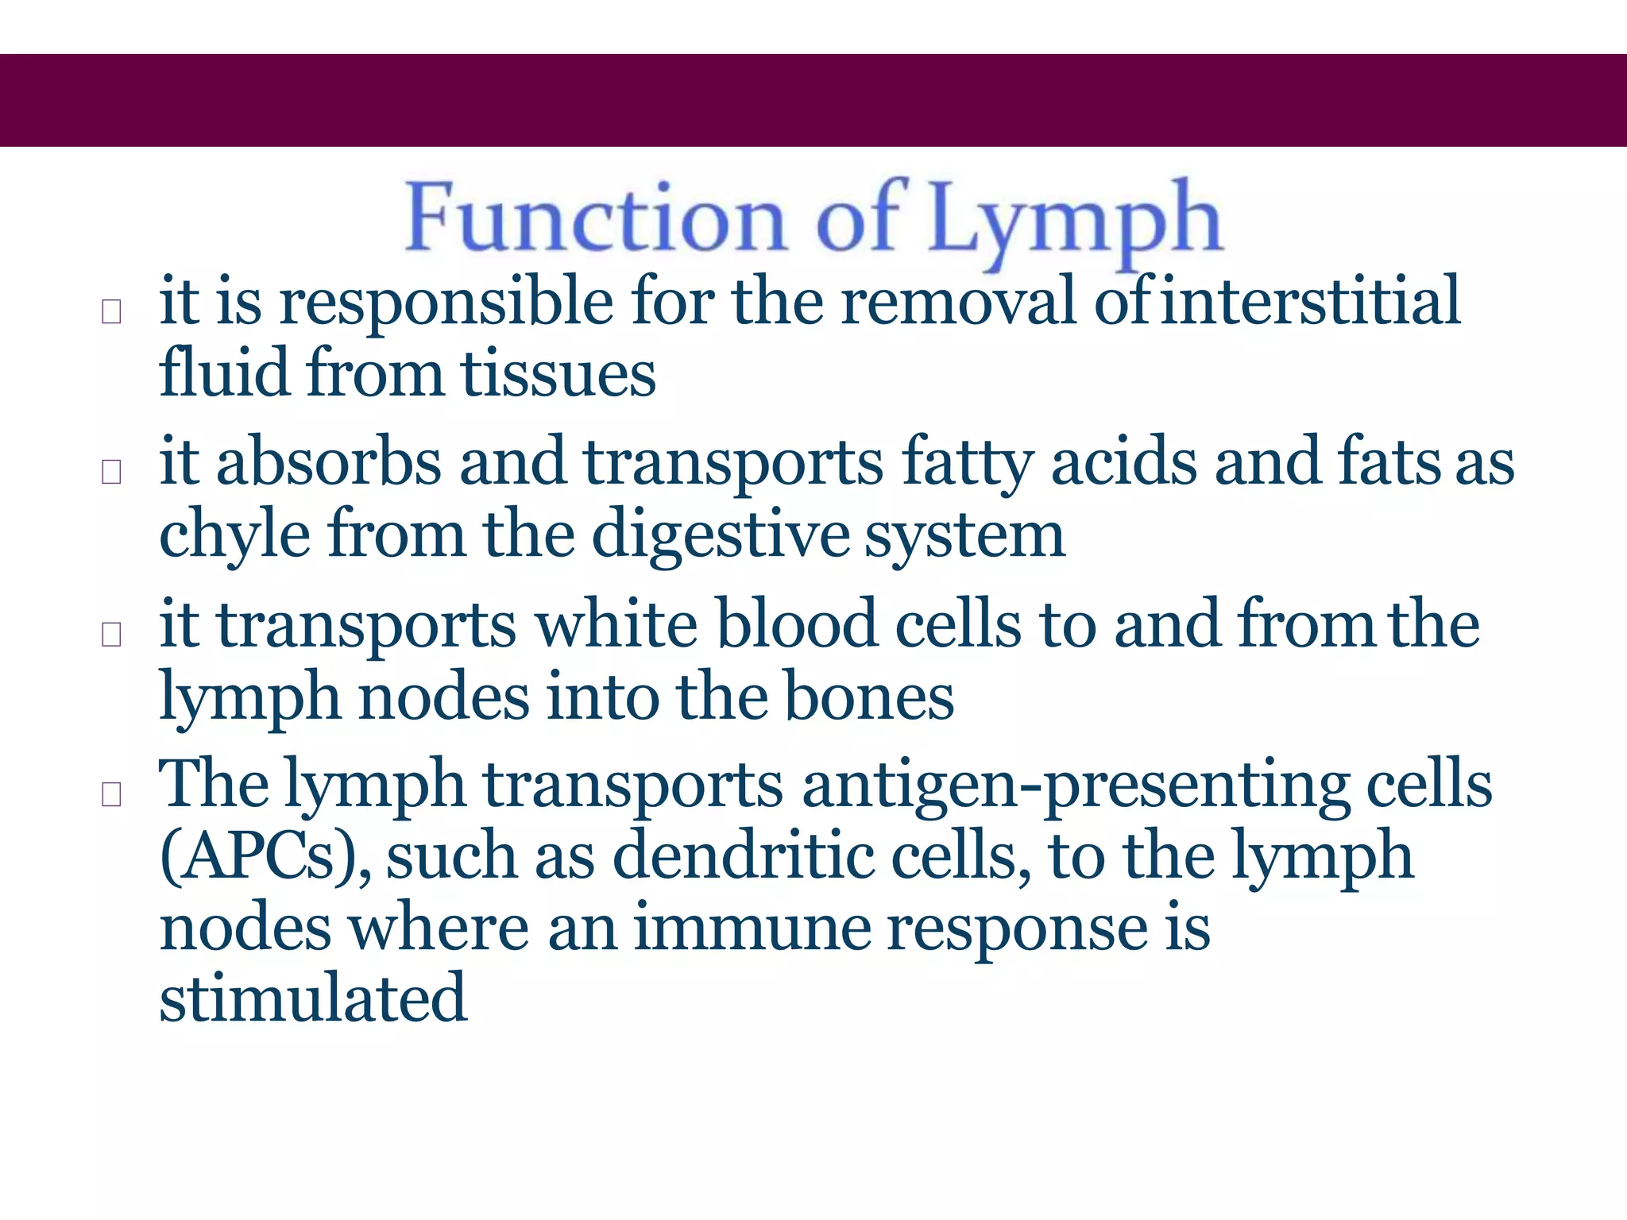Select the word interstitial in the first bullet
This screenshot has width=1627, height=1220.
click(1310, 301)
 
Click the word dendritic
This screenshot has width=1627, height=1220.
click(743, 855)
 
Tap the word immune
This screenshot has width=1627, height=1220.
click(752, 928)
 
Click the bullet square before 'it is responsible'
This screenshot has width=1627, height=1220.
click(112, 312)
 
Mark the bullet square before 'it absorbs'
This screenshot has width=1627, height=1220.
click(112, 472)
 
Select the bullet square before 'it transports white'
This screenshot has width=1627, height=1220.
click(112, 634)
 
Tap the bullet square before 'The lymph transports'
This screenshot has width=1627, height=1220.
click(112, 794)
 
